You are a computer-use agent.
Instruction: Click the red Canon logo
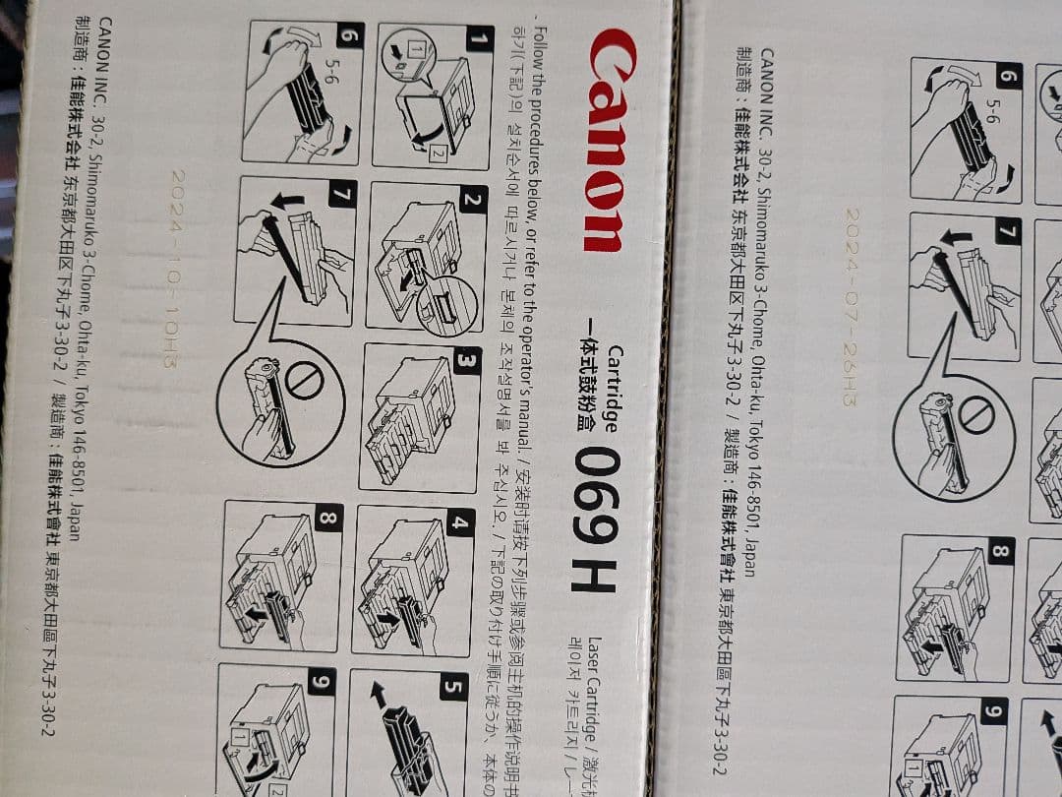(604, 139)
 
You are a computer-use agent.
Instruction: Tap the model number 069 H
(596, 519)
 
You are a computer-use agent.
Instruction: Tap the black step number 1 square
(479, 40)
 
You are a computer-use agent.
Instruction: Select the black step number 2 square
(472, 201)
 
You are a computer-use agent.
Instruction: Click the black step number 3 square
(466, 361)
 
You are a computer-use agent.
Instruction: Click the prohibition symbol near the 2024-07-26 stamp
(974, 416)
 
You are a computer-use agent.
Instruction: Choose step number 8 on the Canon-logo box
(328, 518)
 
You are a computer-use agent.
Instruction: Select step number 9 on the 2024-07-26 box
(995, 710)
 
